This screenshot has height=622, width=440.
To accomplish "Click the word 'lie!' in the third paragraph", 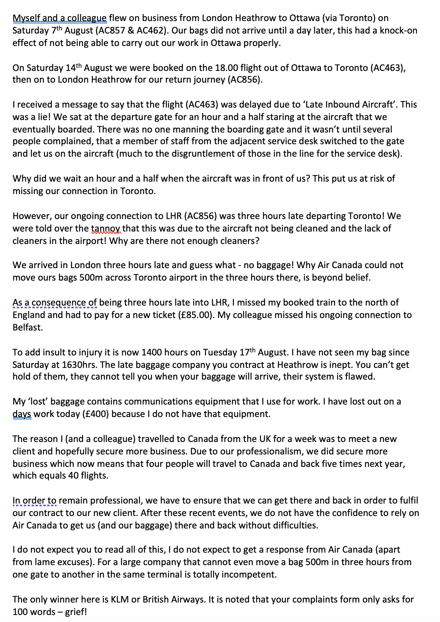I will pyautogui.click(x=46, y=117).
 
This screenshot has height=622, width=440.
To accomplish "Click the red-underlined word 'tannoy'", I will pyautogui.click(x=106, y=228).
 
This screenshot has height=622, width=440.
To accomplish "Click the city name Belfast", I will pyautogui.click(x=27, y=327).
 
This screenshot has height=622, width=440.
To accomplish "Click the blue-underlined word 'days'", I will pyautogui.click(x=22, y=414).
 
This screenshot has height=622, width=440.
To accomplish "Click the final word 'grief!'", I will pyautogui.click(x=76, y=612).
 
